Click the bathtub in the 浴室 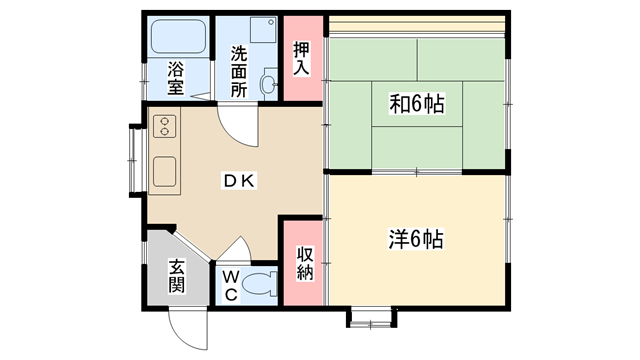point(178,36)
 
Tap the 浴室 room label point(176,78)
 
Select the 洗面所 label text point(239,71)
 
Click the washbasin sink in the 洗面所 point(268,84)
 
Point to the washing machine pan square point(263,29)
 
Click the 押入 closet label point(302,58)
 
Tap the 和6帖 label point(417,104)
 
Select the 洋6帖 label point(416,239)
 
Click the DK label point(239,180)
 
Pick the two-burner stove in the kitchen point(164,126)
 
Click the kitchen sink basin point(164,172)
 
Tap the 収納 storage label point(305,263)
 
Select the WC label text point(231,285)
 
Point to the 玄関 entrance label point(177,276)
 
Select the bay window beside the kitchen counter point(136,160)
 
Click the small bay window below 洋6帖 point(371,319)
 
